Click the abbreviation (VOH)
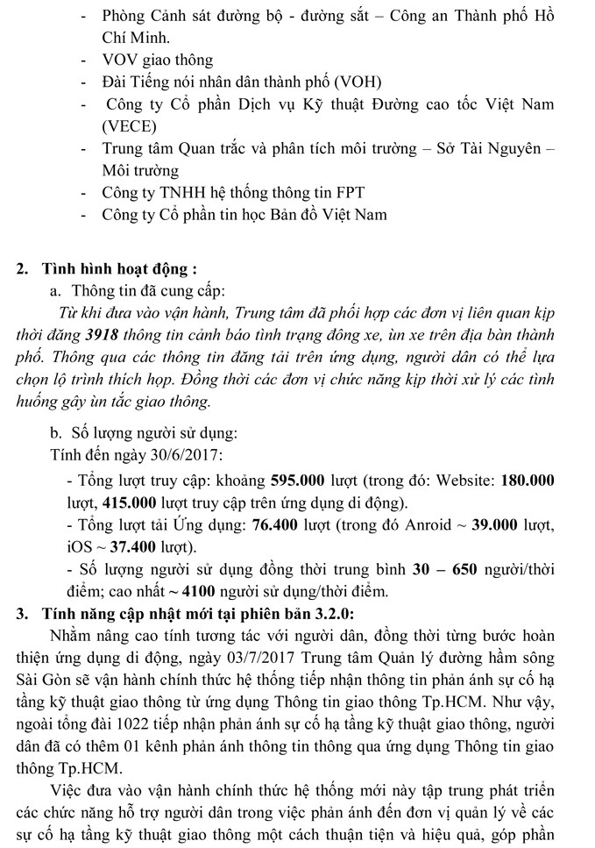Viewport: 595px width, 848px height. (356, 82)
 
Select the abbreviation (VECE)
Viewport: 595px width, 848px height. (130, 126)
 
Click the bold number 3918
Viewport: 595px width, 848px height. (127, 333)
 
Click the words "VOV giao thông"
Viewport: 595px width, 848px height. (158, 61)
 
